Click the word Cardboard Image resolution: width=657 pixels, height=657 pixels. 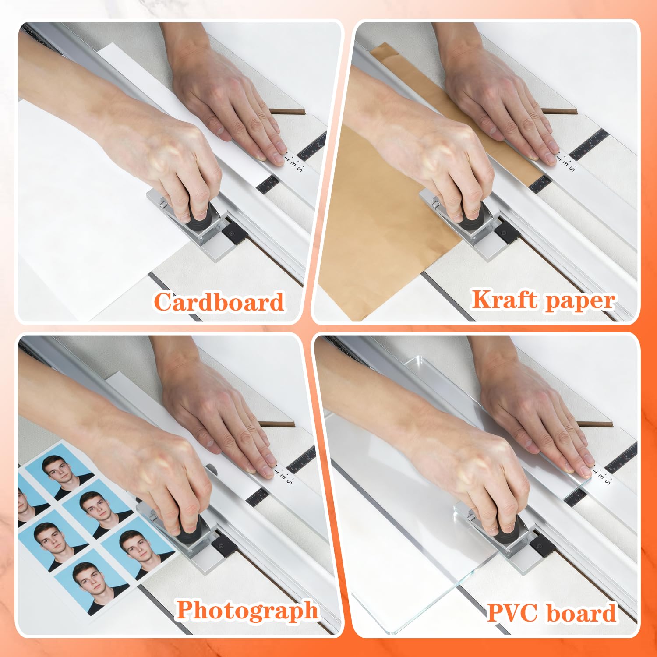[219, 302]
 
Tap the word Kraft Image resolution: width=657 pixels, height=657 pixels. [502, 300]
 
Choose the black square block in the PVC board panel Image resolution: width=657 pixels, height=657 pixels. [542, 543]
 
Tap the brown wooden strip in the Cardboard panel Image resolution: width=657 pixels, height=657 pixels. [287, 111]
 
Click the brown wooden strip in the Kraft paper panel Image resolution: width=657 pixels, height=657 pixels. [560, 111]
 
